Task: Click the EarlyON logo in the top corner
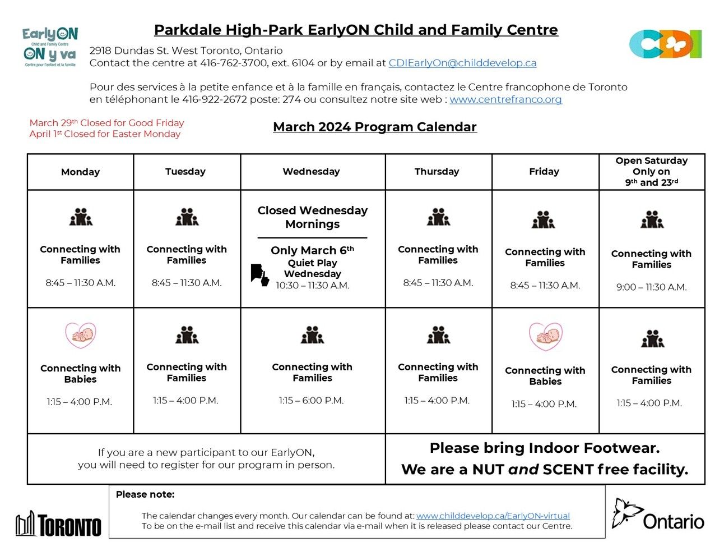pyautogui.click(x=50, y=48)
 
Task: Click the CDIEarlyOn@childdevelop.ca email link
pyautogui.click(x=462, y=63)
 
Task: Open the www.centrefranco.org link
pyautogui.click(x=505, y=100)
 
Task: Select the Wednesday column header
pyautogui.click(x=311, y=172)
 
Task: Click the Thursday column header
pyautogui.click(x=437, y=172)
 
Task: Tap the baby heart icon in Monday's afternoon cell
pyautogui.click(x=81, y=336)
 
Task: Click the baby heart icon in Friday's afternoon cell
pyautogui.click(x=545, y=337)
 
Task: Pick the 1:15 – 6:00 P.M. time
pyautogui.click(x=311, y=401)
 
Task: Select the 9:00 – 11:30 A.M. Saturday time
pyautogui.click(x=651, y=287)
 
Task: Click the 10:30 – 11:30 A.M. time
pyautogui.click(x=312, y=286)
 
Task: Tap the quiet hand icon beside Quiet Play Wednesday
pyautogui.click(x=259, y=275)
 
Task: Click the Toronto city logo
pyautogui.click(x=58, y=525)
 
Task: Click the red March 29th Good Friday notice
pyautogui.click(x=106, y=123)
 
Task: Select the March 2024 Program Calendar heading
pyautogui.click(x=374, y=127)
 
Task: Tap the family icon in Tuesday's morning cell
pyautogui.click(x=187, y=217)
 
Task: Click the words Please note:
pyautogui.click(x=145, y=495)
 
